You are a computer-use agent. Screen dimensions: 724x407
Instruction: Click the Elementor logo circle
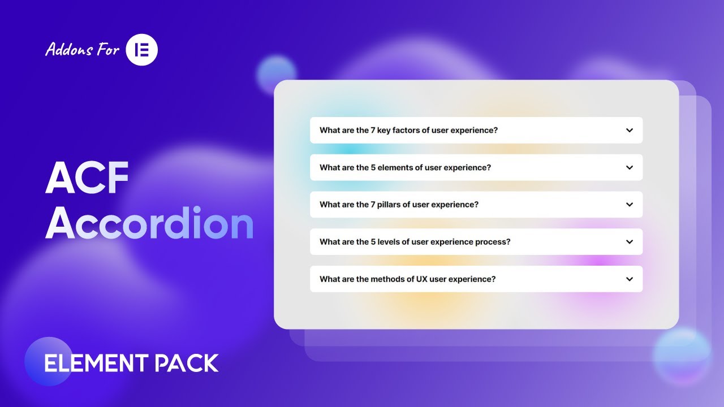(x=141, y=50)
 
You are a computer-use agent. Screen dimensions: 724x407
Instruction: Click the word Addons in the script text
(x=69, y=49)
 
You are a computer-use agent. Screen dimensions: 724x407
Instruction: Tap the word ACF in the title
(x=87, y=177)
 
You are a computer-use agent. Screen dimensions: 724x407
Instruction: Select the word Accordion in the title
(x=149, y=223)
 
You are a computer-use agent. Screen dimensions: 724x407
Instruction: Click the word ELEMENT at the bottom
(x=96, y=363)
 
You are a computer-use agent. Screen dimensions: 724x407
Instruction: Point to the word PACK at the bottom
(x=187, y=363)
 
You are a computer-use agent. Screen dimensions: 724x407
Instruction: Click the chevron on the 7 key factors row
(x=630, y=130)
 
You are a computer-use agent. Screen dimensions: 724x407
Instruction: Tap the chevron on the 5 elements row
(x=630, y=167)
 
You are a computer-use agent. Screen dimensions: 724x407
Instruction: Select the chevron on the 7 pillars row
(x=630, y=205)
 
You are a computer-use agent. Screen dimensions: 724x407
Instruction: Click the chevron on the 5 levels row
(x=630, y=241)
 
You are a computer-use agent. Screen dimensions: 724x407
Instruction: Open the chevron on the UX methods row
(x=630, y=279)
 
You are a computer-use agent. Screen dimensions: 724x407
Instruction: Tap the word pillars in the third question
(x=389, y=205)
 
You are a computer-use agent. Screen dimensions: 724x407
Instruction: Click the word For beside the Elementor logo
(x=108, y=50)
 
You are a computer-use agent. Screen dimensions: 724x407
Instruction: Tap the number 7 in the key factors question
(x=373, y=130)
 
